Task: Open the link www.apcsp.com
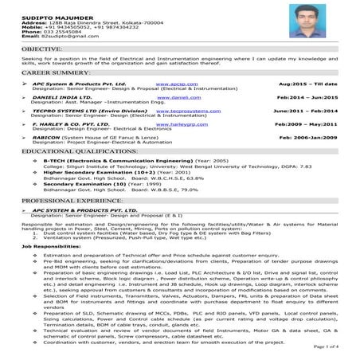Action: click(172, 83)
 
